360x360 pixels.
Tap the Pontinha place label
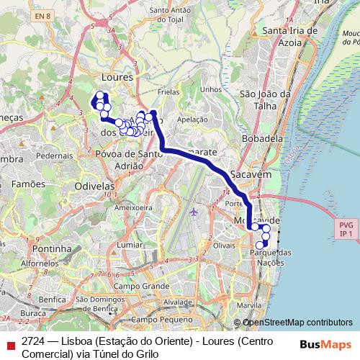point(51,248)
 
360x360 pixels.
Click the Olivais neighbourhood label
point(225,246)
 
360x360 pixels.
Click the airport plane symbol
point(194,212)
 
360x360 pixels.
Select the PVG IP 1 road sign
point(346,229)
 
